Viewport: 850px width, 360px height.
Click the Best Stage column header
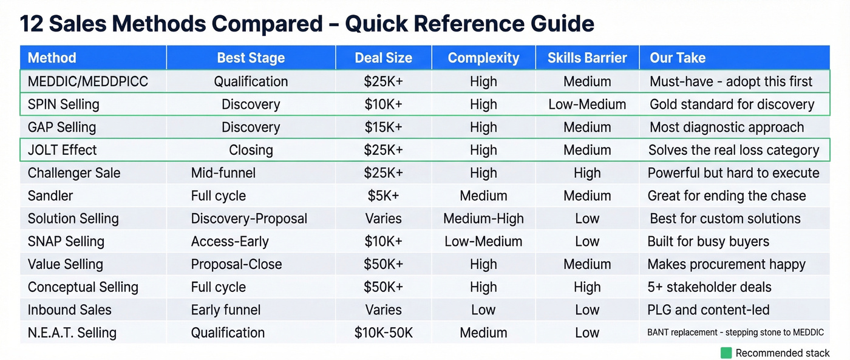(x=251, y=58)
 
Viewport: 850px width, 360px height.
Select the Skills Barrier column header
(x=587, y=58)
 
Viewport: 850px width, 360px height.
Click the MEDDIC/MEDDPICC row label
(x=88, y=81)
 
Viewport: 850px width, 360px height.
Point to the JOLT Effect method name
(x=63, y=150)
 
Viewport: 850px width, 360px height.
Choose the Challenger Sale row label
(x=74, y=173)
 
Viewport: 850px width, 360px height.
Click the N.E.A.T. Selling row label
(x=72, y=333)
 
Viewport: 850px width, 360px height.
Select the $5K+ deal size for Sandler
(x=383, y=195)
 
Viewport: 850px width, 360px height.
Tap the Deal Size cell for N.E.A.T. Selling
(x=383, y=333)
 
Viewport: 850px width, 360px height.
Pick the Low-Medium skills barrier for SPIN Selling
(x=587, y=104)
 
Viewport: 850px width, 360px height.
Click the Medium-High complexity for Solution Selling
(x=483, y=219)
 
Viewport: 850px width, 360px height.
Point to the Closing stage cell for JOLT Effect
(x=251, y=150)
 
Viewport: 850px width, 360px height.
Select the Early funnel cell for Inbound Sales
(x=226, y=310)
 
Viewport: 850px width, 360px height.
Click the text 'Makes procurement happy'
(x=727, y=264)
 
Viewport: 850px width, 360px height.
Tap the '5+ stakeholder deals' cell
(x=710, y=287)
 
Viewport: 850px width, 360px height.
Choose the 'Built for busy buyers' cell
(x=709, y=242)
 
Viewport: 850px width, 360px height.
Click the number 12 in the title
(x=32, y=24)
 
